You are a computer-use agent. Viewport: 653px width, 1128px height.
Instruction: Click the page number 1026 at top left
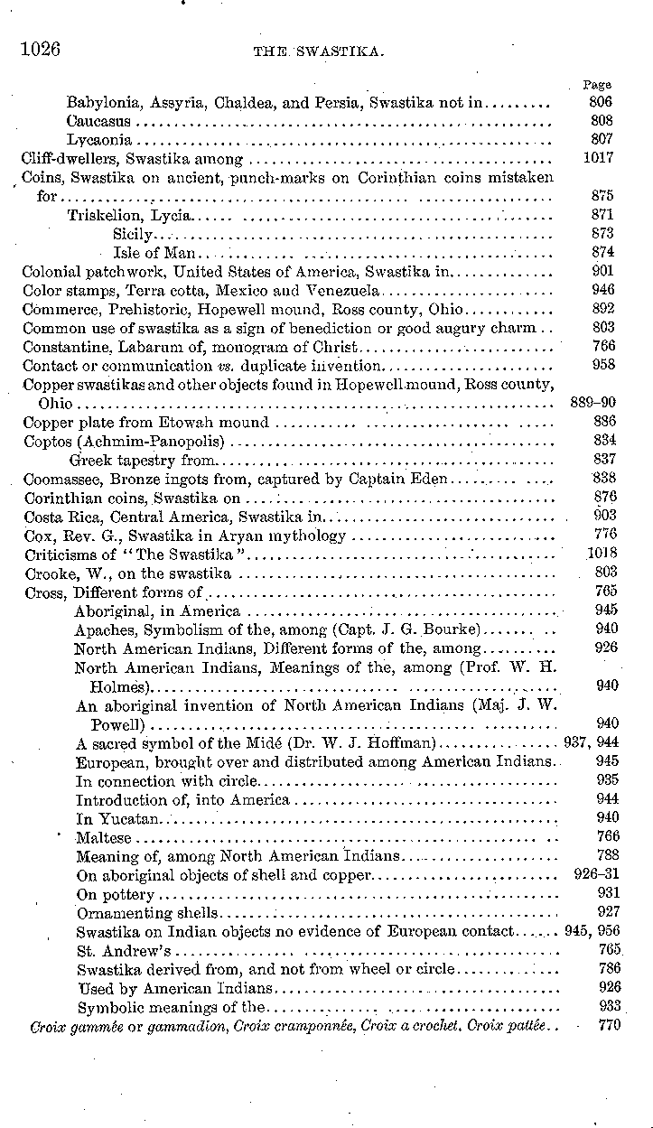[x=41, y=49]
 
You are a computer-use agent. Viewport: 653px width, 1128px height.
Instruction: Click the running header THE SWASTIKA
[x=320, y=53]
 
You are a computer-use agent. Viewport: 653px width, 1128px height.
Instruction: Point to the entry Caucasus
[x=98, y=121]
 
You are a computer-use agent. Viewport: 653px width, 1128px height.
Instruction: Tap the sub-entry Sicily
[x=133, y=234]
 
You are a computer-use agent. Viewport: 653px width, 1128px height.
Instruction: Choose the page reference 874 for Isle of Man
[x=602, y=253]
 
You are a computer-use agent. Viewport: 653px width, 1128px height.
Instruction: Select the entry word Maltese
[x=104, y=837]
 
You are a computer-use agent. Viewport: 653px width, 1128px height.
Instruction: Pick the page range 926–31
[x=595, y=875]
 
